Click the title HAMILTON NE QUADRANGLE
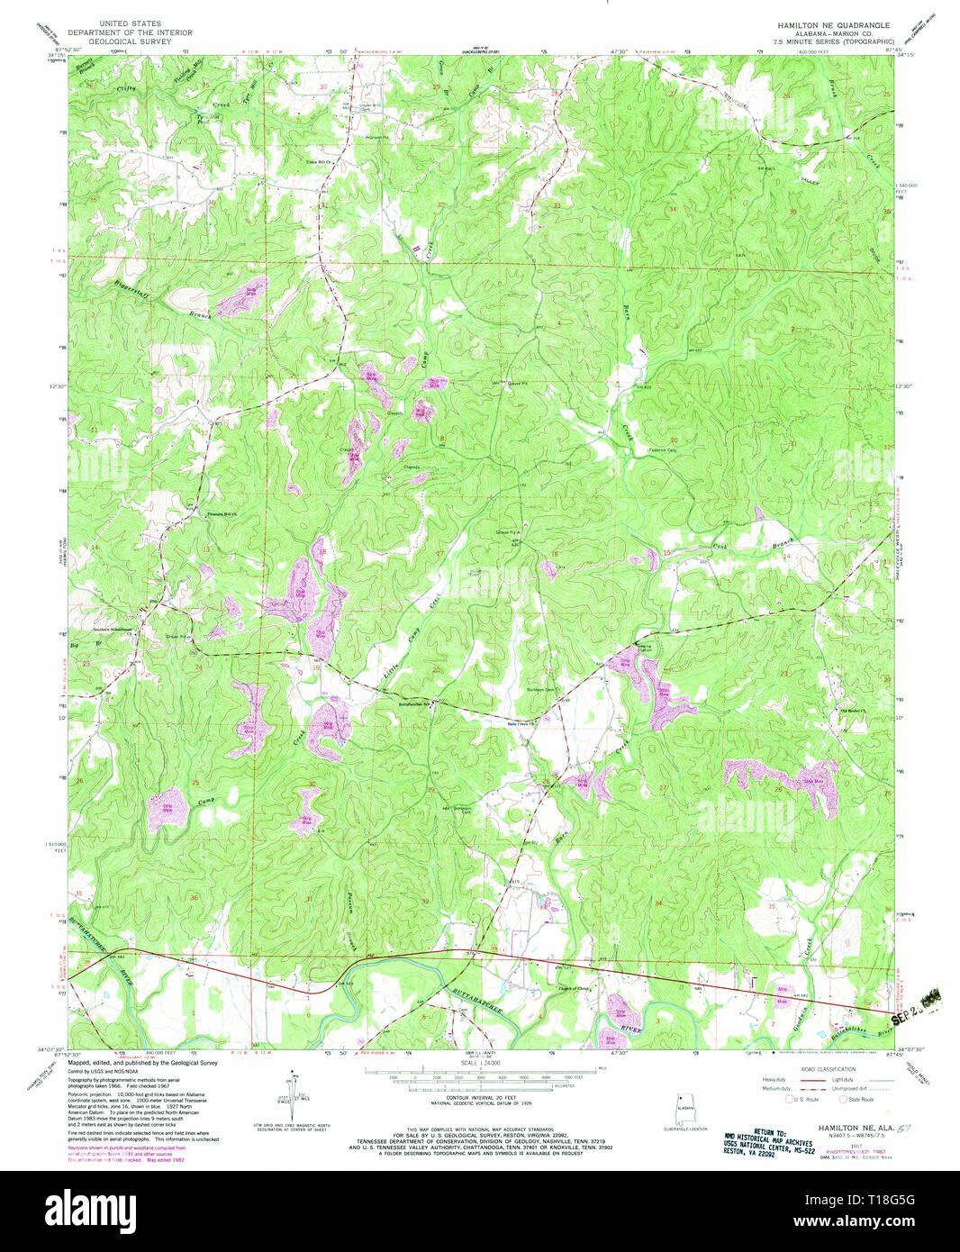(833, 25)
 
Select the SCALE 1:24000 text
(480, 1064)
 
